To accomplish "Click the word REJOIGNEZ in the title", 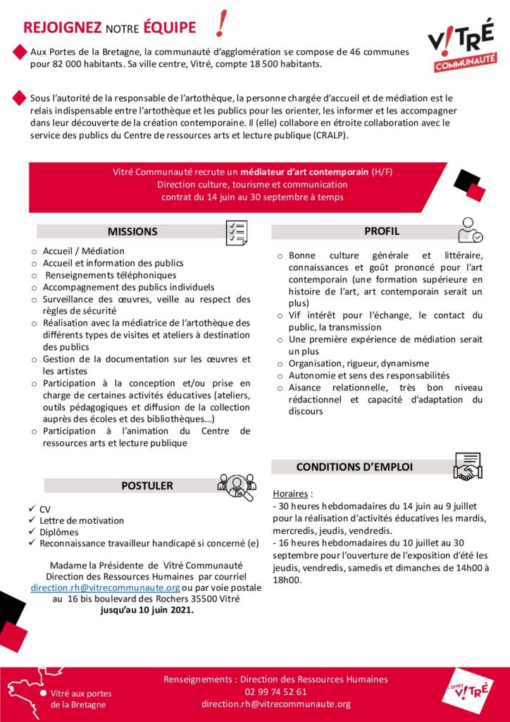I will (x=63, y=27).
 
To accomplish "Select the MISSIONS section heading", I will (x=132, y=231).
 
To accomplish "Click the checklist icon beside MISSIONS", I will (x=236, y=233).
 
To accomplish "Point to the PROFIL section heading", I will (x=382, y=231).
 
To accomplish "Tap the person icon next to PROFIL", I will (x=469, y=230).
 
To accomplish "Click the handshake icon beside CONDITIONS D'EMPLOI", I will (x=466, y=466).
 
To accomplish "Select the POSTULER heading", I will (x=147, y=485).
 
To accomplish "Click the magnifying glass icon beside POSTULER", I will (x=237, y=486).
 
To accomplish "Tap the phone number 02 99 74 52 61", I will (x=275, y=692).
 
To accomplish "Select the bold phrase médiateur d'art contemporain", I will (x=303, y=171).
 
